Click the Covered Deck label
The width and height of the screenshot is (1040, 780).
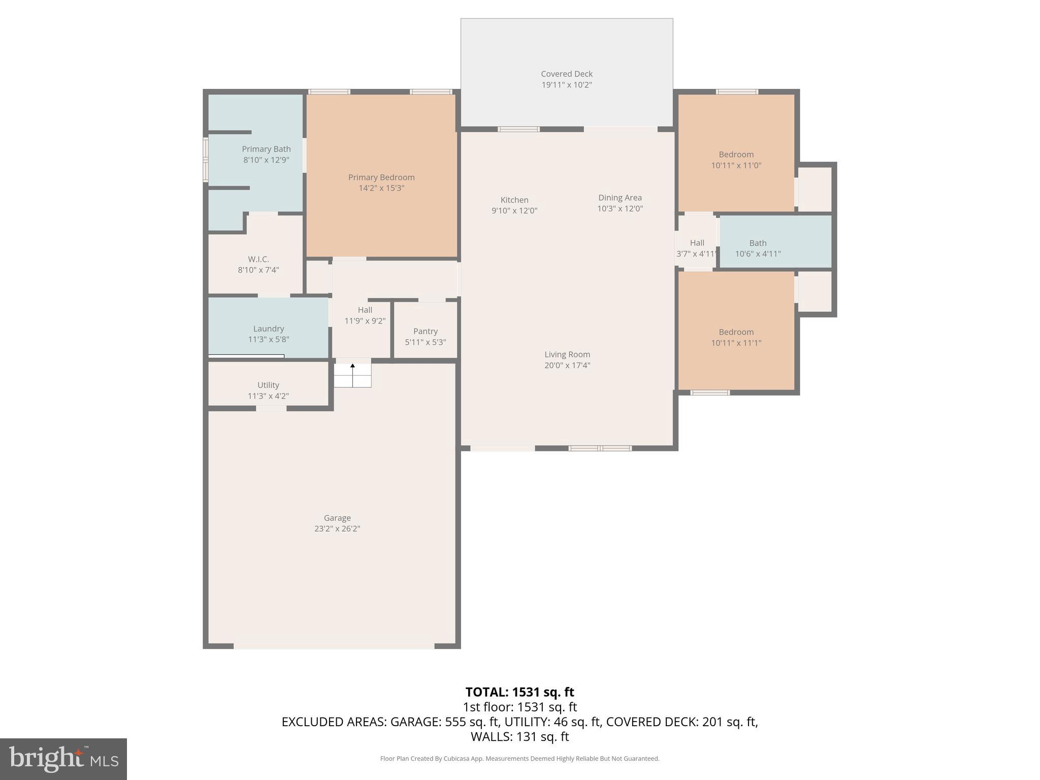click(566, 74)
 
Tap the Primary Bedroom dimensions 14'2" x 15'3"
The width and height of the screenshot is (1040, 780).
click(381, 188)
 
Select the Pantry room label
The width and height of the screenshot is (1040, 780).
click(425, 331)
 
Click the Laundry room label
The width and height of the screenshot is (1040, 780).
click(268, 329)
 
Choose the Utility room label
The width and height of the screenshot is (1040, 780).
click(268, 385)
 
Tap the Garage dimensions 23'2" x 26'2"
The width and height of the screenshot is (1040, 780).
click(337, 529)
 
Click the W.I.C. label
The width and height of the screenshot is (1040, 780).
click(258, 259)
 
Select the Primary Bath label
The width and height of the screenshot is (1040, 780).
click(266, 149)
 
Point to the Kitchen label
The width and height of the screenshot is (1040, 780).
click(514, 200)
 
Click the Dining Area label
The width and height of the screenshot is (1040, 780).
click(620, 198)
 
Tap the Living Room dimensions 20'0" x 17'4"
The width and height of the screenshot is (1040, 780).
click(567, 365)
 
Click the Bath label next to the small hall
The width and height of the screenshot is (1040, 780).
click(758, 243)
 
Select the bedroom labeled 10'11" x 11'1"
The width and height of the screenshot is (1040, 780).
click(736, 338)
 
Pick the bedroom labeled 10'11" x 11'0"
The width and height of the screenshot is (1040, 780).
click(736, 160)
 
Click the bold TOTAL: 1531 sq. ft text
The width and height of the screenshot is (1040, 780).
click(519, 692)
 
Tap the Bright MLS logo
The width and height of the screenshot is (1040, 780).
click(63, 759)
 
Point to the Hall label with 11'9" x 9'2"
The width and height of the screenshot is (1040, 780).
click(365, 310)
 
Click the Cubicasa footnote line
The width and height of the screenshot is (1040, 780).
click(519, 759)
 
